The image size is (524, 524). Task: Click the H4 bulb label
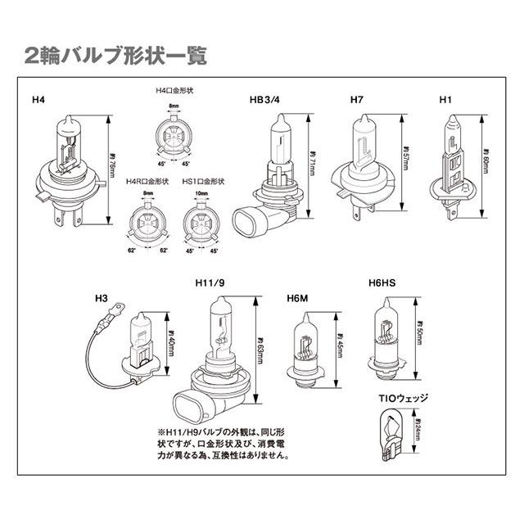point(38,100)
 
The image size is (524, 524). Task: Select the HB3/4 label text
point(265,100)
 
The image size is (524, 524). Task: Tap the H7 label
point(356,100)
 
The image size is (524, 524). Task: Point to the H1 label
point(445,100)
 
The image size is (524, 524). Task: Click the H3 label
point(102,299)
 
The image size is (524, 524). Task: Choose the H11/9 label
point(210,283)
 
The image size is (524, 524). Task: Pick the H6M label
point(298,299)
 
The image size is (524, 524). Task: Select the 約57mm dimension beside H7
point(405,156)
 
